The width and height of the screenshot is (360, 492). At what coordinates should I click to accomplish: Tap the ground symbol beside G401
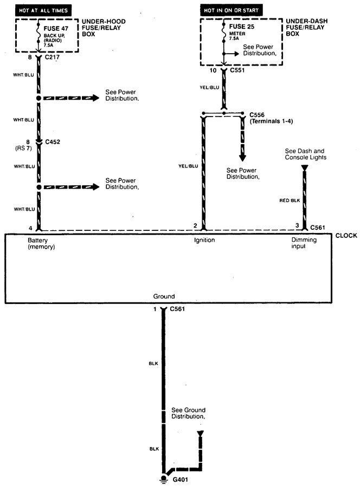(163, 479)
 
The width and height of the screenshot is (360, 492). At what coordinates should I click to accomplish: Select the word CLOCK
(346, 236)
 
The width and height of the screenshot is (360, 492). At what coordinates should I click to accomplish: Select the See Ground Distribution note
(189, 413)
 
